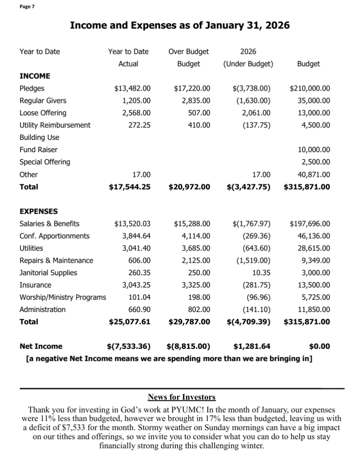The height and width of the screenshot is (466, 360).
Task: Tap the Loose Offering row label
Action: pos(43,113)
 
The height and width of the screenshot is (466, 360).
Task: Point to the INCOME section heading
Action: pos(35,76)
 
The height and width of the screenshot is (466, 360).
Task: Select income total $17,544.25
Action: pos(129,187)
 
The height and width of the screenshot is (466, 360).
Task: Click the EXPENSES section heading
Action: pos(39,211)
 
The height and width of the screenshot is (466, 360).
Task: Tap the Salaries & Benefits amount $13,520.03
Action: pos(132,224)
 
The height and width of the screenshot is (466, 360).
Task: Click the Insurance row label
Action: pos(36,285)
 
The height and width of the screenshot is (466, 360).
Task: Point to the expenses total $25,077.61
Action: pos(129,322)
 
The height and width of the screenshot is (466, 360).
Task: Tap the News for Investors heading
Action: pos(182,397)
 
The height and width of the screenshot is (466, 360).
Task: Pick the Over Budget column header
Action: pos(189,51)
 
